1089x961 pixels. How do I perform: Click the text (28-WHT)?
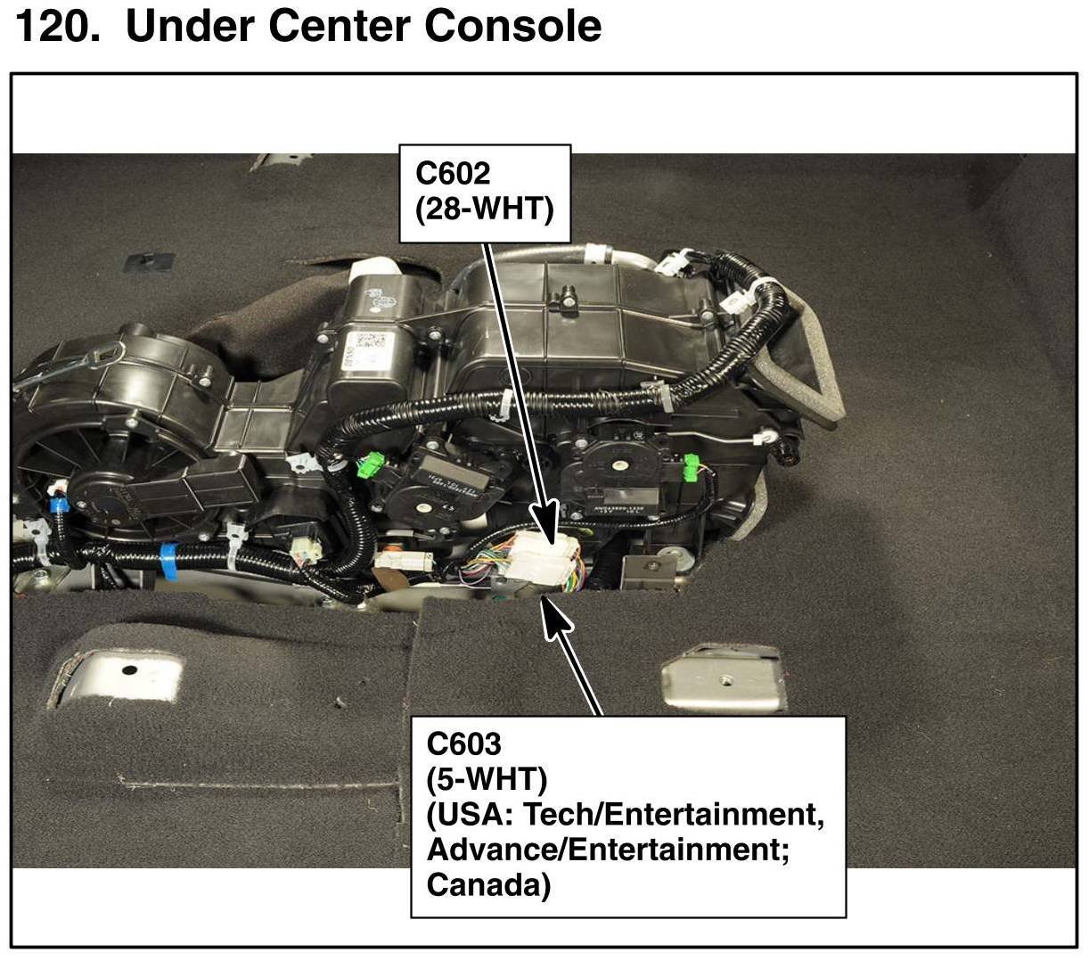485,209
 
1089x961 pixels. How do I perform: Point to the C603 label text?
464,743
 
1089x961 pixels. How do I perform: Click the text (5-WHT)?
487,779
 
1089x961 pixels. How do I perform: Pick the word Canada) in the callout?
488,885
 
